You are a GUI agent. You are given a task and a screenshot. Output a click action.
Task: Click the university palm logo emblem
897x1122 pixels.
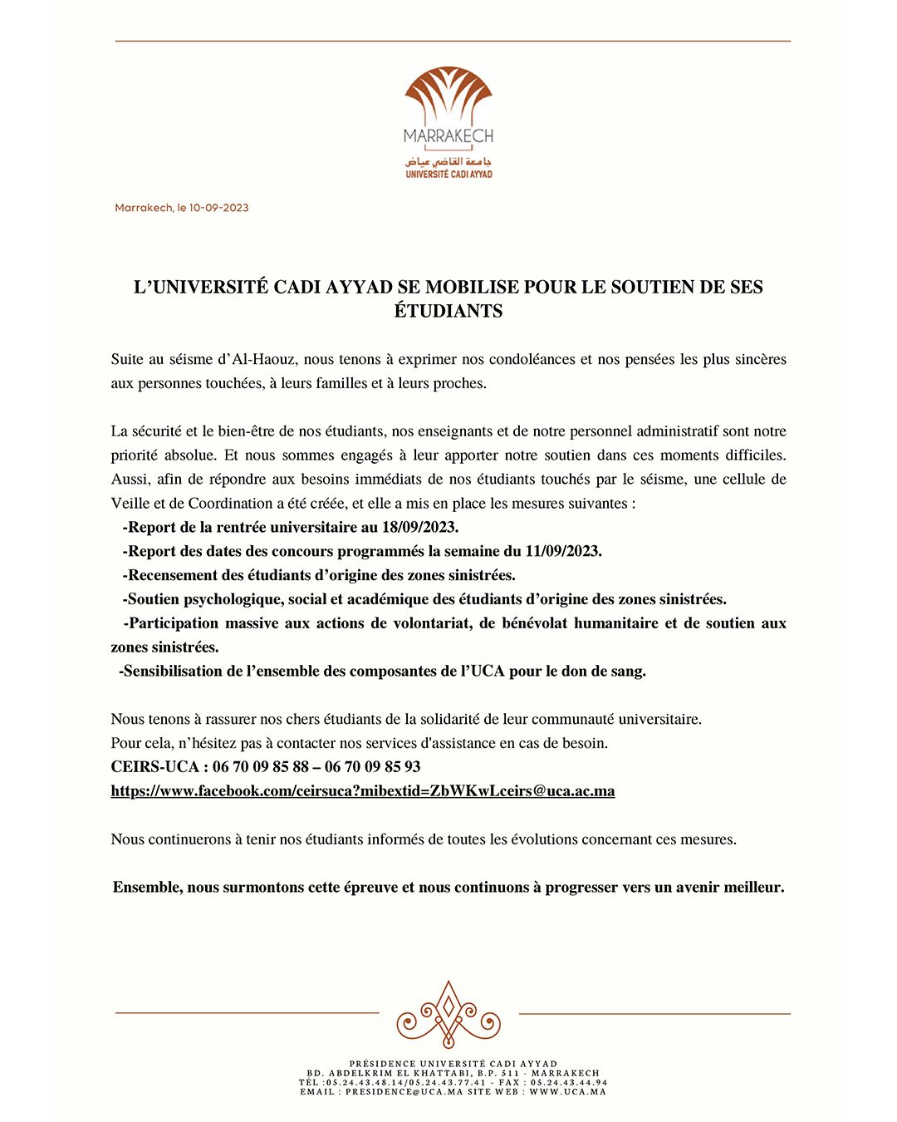click(448, 96)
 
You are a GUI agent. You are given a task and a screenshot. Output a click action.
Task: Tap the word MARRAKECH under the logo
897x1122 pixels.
click(448, 135)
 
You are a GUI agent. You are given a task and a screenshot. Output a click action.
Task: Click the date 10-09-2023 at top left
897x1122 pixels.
click(218, 208)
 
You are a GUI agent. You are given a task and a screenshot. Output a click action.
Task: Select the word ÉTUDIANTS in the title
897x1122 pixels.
click(448, 311)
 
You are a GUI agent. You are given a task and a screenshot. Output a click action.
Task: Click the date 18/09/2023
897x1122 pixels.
click(420, 527)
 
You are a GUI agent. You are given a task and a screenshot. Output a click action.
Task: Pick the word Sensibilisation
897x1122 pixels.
click(172, 671)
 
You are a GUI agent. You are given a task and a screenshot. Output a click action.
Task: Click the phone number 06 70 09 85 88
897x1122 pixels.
click(261, 766)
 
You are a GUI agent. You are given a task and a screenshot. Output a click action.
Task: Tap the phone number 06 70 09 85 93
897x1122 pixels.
click(373, 766)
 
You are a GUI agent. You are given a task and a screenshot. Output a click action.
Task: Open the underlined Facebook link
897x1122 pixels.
click(363, 790)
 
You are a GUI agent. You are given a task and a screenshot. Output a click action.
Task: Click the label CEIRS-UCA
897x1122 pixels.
click(154, 766)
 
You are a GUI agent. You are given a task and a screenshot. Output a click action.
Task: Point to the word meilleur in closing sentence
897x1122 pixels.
click(752, 887)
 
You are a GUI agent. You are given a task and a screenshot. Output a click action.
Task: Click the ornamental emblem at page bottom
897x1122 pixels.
click(448, 1014)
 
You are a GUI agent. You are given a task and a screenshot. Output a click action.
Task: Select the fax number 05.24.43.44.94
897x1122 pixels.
click(569, 1082)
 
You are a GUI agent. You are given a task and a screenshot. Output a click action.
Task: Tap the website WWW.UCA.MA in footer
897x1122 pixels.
click(568, 1091)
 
